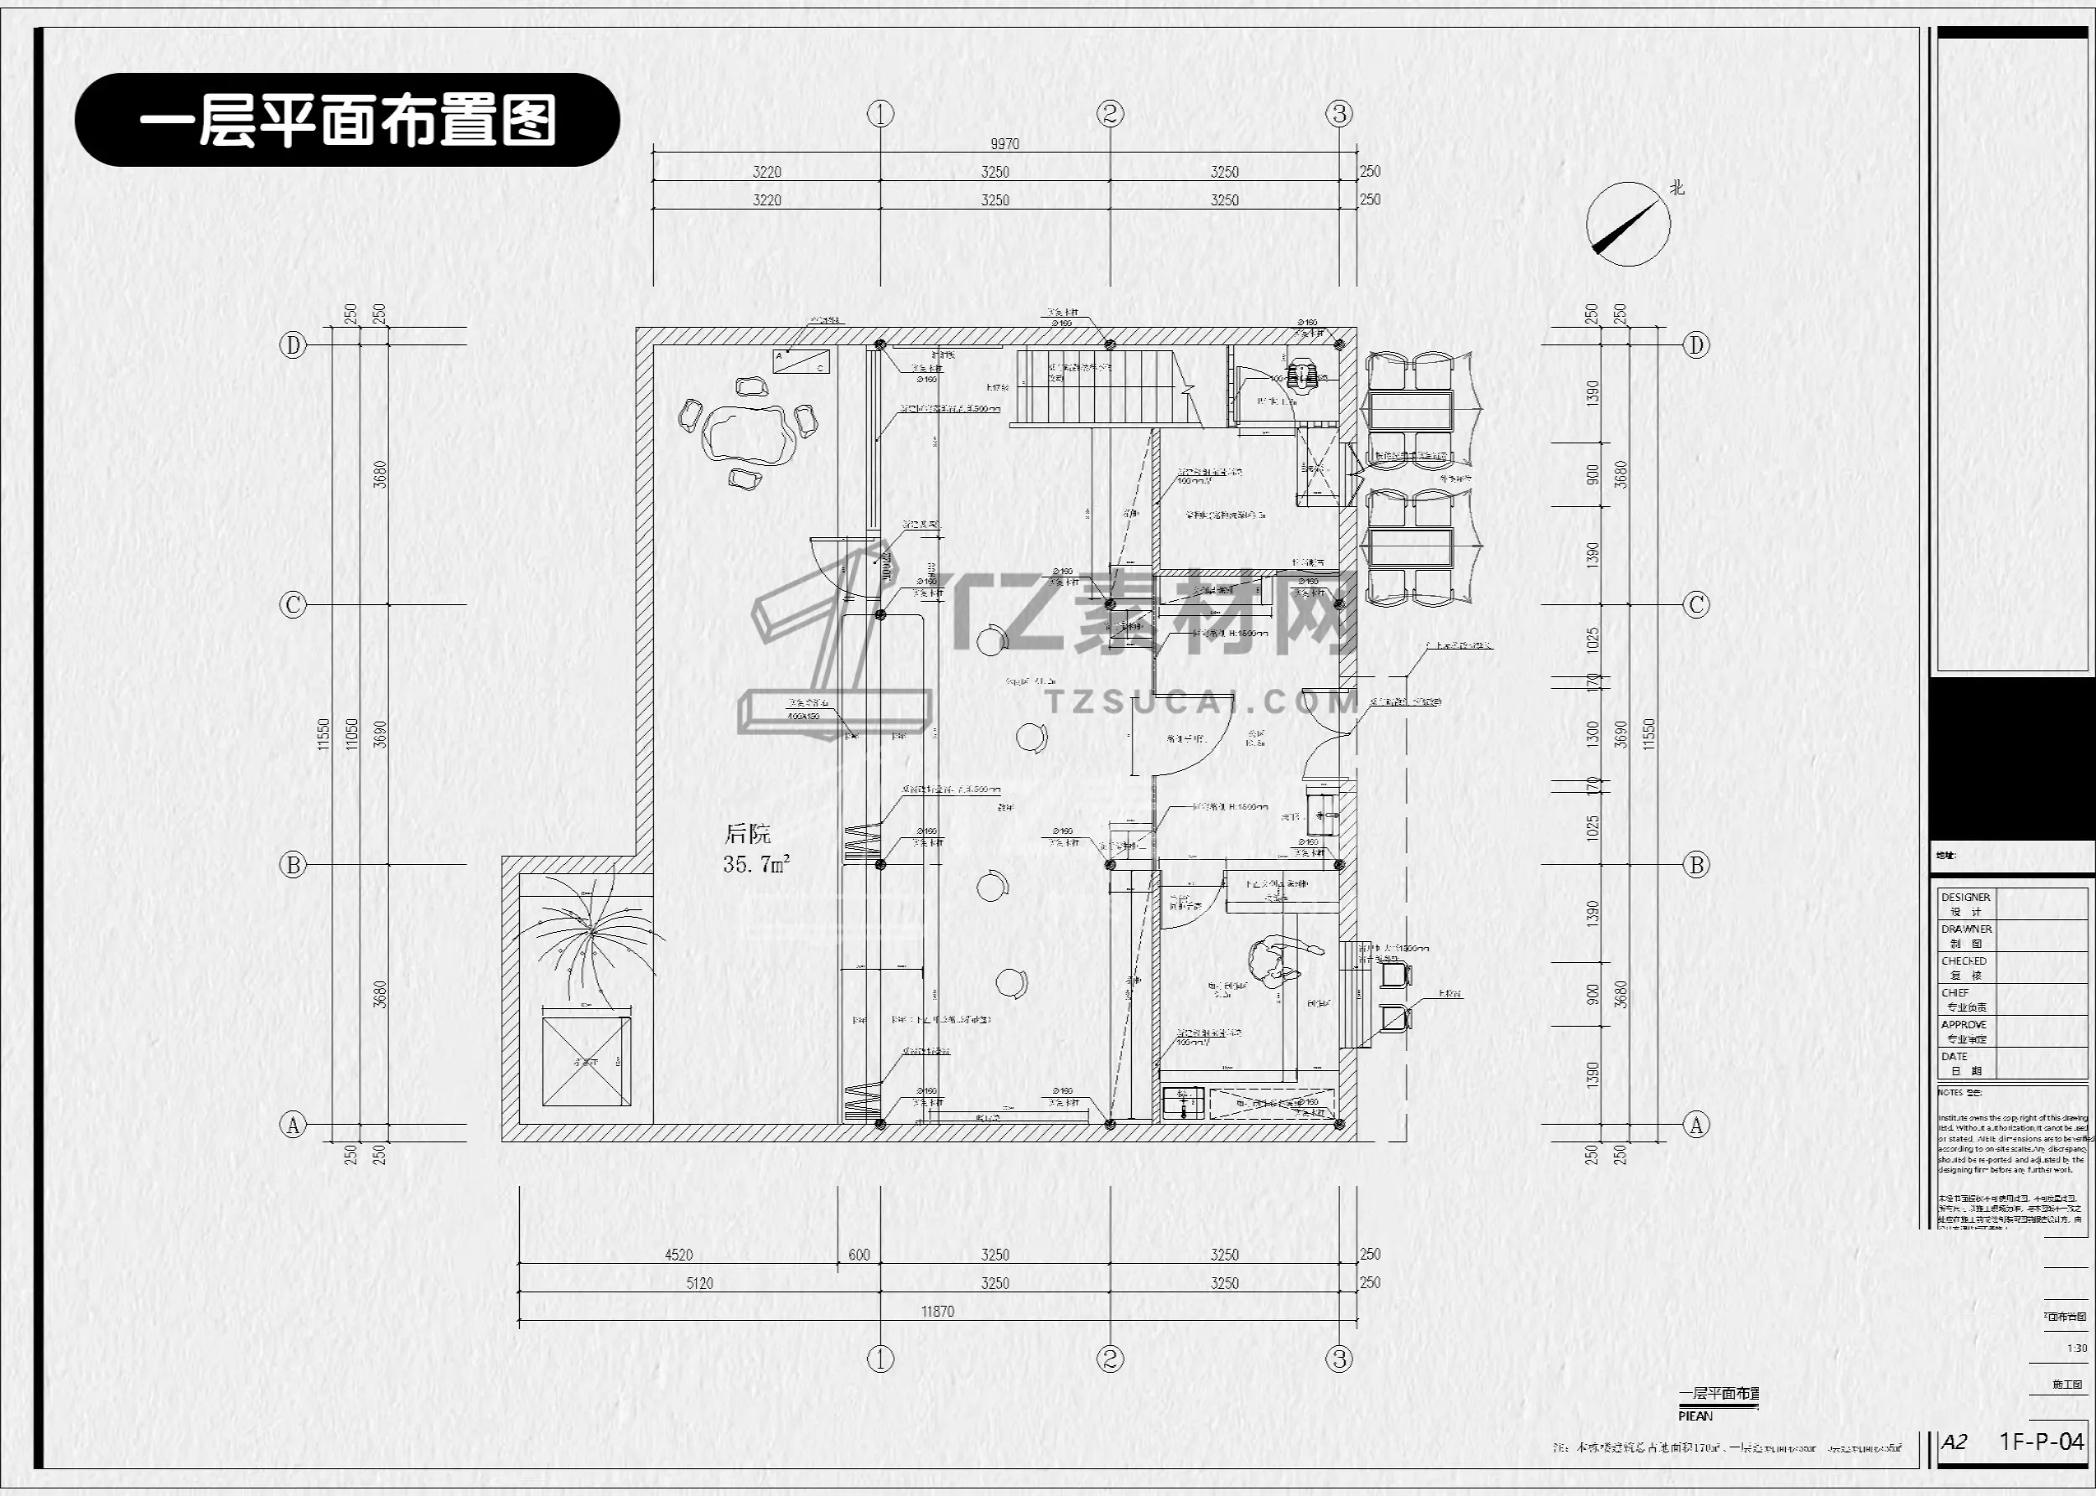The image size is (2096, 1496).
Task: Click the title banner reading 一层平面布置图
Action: click(347, 120)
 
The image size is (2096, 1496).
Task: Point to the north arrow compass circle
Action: click(1628, 224)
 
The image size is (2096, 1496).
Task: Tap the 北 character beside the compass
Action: click(1677, 187)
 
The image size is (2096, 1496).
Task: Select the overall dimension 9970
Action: click(1004, 143)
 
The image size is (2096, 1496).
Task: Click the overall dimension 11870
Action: click(937, 1311)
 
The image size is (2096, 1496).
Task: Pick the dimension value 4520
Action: click(678, 1255)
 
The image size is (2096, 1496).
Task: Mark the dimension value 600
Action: click(859, 1255)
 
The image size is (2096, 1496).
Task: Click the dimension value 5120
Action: click(699, 1283)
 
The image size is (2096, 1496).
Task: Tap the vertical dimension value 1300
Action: click(1594, 734)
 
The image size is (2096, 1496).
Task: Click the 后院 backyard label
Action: click(747, 835)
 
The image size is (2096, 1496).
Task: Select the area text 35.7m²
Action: click(756, 864)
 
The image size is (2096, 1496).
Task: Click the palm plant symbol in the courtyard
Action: click(585, 930)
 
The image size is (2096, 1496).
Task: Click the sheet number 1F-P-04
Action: click(2041, 1442)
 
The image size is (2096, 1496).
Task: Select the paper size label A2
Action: click(1954, 1442)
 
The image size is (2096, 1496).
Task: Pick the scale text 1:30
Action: click(2077, 1348)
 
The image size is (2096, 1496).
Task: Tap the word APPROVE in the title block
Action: click(1964, 1024)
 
